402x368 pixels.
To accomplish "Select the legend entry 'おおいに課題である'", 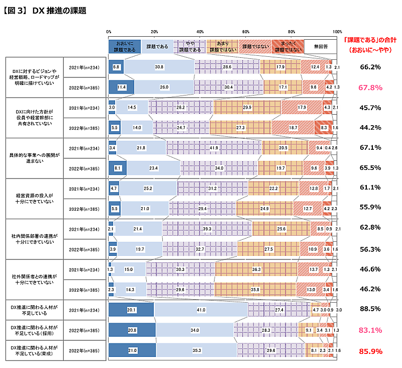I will [125, 46].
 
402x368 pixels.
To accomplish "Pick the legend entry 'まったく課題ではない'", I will [288, 46].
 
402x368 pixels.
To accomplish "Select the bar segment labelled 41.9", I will [214, 148].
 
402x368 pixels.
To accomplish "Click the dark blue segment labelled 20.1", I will [132, 310].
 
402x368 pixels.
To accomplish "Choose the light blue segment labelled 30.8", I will [159, 67].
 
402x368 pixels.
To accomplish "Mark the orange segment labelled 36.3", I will [256, 270].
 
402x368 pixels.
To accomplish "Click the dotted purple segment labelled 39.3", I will [207, 229].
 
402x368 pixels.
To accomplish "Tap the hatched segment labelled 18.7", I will [293, 128].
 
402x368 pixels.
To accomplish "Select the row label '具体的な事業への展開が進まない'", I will [34, 158].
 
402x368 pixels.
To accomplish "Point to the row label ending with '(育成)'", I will [34, 350].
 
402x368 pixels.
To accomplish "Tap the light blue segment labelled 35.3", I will [196, 350].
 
